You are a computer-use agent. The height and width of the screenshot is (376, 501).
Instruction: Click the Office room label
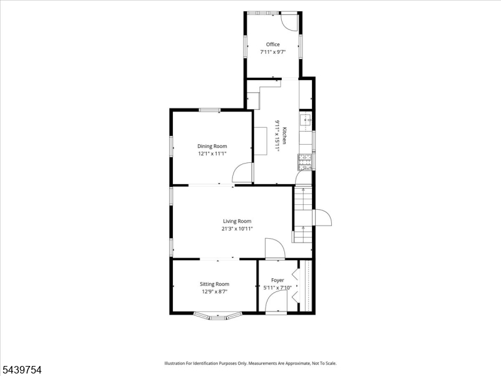click(x=273, y=44)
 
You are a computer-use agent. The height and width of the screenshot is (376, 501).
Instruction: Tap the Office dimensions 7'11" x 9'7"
click(x=272, y=52)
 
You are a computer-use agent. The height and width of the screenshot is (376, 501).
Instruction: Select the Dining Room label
click(x=212, y=146)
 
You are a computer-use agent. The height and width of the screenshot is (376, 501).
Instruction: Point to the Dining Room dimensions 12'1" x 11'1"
click(x=212, y=154)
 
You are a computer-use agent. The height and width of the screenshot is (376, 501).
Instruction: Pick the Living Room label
click(x=237, y=221)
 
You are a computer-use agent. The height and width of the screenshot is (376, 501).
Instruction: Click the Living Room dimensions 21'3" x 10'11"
click(x=237, y=229)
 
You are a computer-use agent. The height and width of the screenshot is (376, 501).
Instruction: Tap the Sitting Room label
click(x=214, y=284)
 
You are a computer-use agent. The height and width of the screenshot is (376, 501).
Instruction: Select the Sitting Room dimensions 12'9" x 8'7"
click(x=214, y=291)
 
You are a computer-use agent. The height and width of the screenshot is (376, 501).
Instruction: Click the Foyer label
click(x=277, y=280)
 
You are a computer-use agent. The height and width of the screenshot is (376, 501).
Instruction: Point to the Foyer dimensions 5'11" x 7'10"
click(x=277, y=288)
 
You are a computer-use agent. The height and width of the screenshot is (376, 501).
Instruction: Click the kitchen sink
click(x=306, y=121)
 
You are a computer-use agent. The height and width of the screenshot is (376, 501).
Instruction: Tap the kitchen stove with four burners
click(x=305, y=162)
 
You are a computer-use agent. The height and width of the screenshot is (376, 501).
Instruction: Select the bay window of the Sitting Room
click(x=217, y=316)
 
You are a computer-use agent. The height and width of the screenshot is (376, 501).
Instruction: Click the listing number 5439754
click(x=21, y=370)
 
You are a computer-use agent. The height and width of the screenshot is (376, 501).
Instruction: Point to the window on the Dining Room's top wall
click(x=210, y=110)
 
